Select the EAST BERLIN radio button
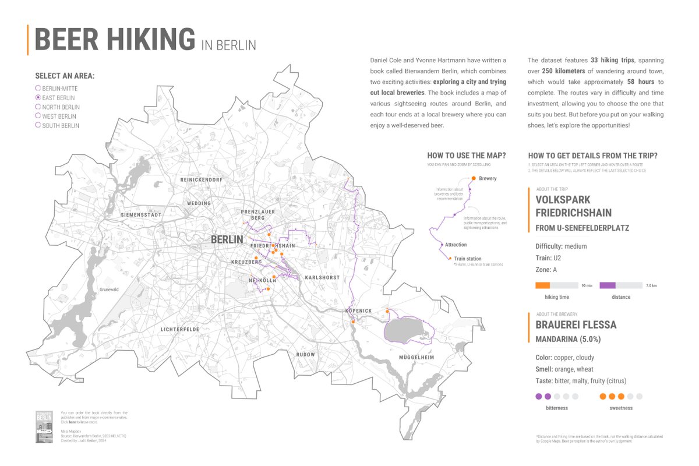pos(38,98)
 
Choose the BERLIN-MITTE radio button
pos(38,89)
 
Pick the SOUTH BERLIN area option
pos(38,125)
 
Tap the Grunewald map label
pos(109,289)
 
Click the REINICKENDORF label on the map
pos(202,179)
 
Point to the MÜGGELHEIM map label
pos(418,356)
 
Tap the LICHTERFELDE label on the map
pos(181,329)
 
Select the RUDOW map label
pos(305,354)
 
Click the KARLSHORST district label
pos(322,277)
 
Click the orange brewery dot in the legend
pos(474,178)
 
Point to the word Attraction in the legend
pos(456,245)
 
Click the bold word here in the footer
pos(73,421)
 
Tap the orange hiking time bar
pos(542,285)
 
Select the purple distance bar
pos(608,285)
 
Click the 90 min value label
pos(587,286)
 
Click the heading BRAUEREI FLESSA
pos(576,325)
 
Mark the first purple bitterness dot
pos(538,396)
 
